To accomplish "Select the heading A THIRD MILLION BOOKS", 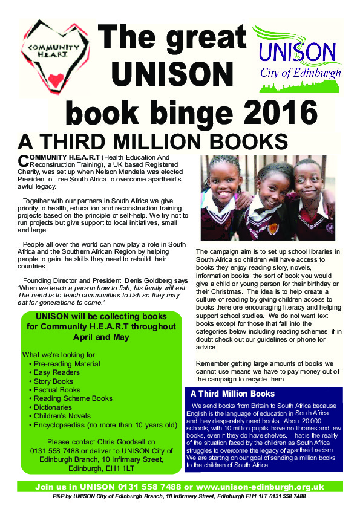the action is click(152, 141).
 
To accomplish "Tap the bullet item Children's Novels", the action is click(66, 416).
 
